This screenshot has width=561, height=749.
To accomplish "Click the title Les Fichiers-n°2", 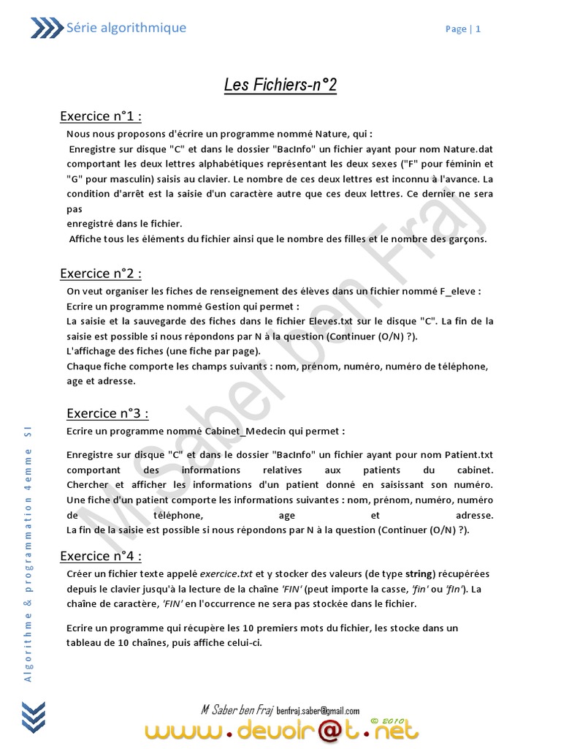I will tap(280, 86).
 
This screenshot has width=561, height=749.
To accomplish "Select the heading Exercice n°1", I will tap(100, 116).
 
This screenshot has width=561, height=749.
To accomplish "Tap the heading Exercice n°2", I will tap(100, 274).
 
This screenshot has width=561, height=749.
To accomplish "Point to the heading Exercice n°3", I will tap(107, 413).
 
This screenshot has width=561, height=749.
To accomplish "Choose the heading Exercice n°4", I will tap(100, 556).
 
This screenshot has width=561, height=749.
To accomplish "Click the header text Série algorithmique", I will tap(126, 28).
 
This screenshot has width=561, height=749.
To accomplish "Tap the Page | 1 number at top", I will tap(463, 29).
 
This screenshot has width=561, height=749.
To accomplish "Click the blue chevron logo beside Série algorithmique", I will tap(46, 29).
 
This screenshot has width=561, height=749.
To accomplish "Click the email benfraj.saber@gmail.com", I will tap(318, 710).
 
